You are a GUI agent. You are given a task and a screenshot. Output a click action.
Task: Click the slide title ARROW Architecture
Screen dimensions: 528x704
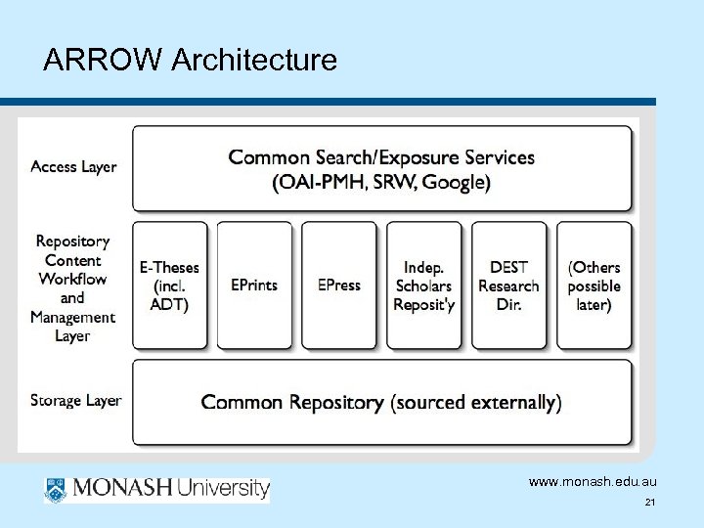click(x=191, y=62)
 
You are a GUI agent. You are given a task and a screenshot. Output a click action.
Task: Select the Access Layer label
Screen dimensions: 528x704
click(x=73, y=166)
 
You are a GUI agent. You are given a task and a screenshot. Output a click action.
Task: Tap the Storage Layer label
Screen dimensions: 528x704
click(x=76, y=400)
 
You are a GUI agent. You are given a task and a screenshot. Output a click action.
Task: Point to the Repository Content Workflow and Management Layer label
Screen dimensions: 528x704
click(x=73, y=287)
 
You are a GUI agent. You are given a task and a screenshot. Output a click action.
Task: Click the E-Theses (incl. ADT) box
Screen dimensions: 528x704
click(x=169, y=286)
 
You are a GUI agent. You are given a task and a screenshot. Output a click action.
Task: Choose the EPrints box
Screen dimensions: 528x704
click(x=254, y=286)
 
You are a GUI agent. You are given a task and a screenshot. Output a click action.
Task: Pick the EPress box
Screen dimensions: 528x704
click(x=339, y=286)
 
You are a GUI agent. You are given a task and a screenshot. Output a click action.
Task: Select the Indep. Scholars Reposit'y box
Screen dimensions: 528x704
click(x=424, y=286)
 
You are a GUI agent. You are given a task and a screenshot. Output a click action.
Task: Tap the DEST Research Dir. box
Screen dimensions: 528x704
click(x=508, y=286)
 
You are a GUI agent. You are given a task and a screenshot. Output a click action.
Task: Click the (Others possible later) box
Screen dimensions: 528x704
click(x=594, y=286)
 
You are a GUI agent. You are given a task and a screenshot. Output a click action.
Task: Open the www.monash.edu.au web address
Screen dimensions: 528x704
click(x=592, y=483)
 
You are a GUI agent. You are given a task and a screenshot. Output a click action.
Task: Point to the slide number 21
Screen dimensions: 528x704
click(x=649, y=503)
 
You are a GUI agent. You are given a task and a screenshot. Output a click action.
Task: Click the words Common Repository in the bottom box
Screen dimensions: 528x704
click(x=291, y=402)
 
